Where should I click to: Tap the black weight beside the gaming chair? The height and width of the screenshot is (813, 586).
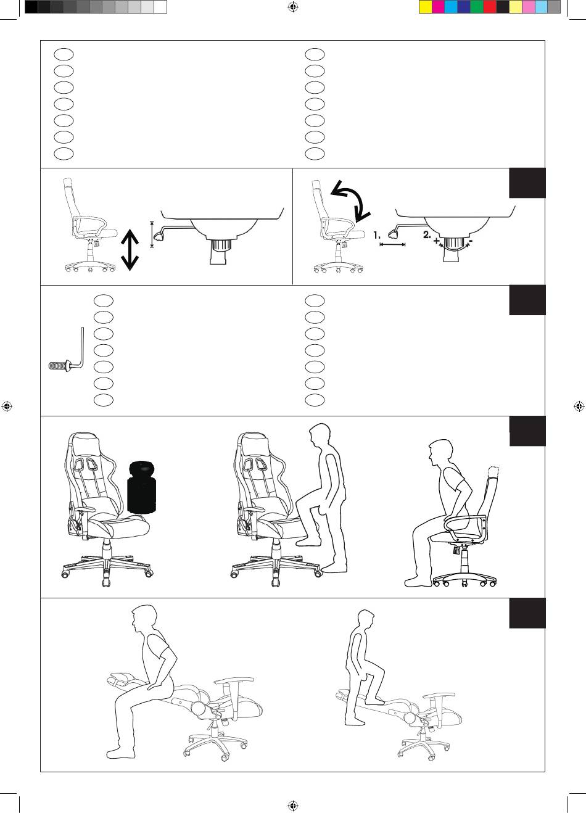tap(142, 487)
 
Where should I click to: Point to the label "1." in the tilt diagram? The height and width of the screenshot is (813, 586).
tap(377, 236)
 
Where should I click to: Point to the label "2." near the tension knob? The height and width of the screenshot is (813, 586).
tap(427, 235)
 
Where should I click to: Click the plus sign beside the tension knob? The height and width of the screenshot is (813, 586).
tap(436, 241)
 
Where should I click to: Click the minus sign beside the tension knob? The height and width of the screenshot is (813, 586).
tap(471, 241)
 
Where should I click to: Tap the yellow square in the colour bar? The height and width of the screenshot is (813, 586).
tap(425, 7)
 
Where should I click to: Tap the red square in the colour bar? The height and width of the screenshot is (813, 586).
tap(490, 7)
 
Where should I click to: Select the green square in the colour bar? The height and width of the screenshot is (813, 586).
tap(477, 7)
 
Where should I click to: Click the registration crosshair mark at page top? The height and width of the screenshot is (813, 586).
tap(293, 7)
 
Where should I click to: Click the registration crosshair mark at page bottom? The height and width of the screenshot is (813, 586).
tap(293, 806)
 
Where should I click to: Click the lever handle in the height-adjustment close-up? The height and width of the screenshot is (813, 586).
tap(159, 236)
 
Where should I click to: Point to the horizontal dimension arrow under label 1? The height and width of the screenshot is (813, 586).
tap(392, 245)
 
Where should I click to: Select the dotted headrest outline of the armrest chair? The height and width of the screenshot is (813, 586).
tap(493, 472)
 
